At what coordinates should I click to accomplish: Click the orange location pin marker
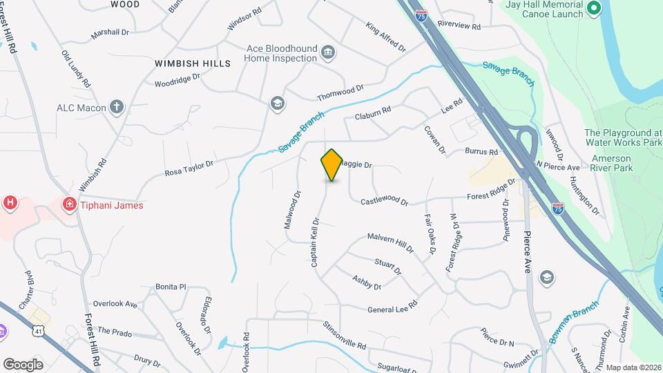[332, 164]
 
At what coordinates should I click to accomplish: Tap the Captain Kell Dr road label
[314, 242]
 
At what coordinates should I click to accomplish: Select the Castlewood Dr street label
[385, 202]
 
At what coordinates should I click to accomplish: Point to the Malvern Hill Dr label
[390, 241]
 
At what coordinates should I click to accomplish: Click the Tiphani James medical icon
[69, 204]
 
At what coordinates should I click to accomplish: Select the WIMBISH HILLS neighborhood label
[193, 64]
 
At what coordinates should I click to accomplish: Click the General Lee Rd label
[393, 307]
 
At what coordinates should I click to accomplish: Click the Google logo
[23, 364]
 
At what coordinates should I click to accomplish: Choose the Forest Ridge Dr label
[491, 190]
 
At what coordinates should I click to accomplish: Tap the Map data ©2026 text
[633, 367]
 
